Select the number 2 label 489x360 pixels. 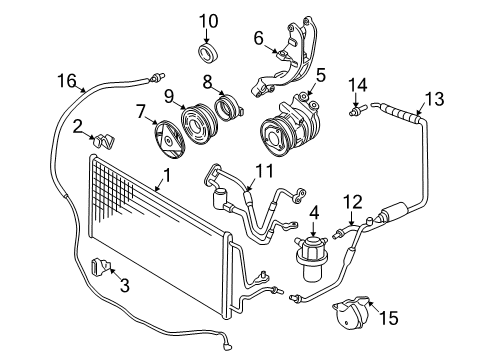pyautogui.click(x=77, y=125)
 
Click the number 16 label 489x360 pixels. pyautogui.click(x=66, y=80)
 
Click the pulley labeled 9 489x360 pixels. pyautogui.click(x=194, y=127)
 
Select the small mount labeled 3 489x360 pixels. pyautogui.click(x=100, y=267)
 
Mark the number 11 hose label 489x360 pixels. pyautogui.click(x=263, y=172)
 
